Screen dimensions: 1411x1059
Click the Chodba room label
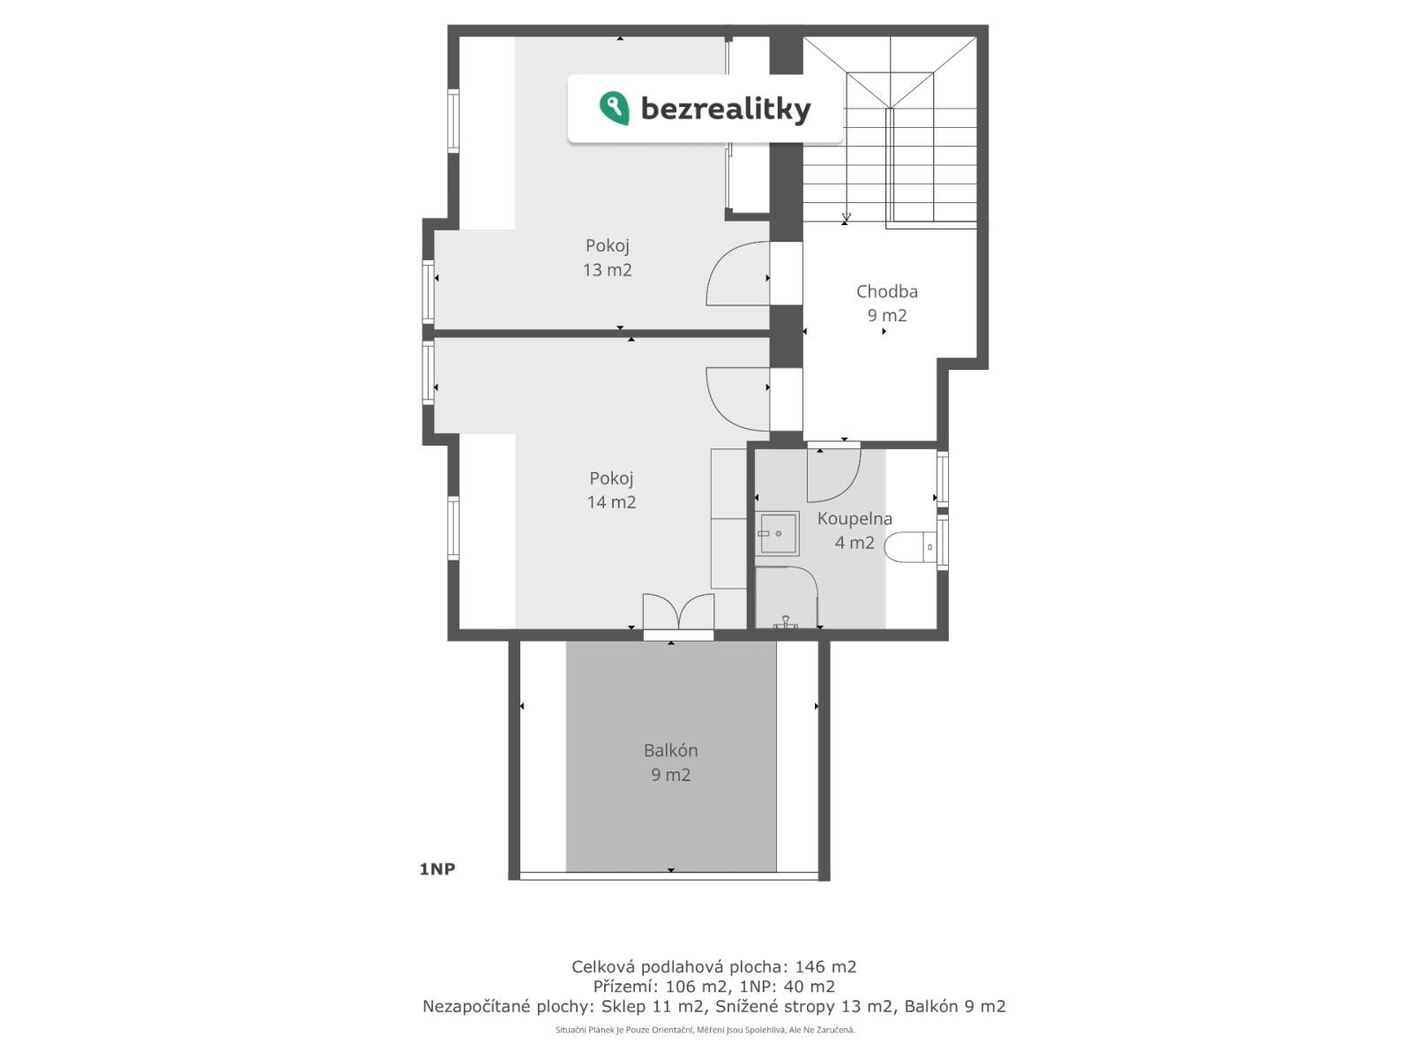[x=886, y=292]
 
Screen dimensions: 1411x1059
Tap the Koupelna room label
[x=855, y=519]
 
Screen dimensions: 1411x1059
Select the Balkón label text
[x=670, y=750]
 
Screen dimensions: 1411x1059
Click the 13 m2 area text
[x=607, y=270]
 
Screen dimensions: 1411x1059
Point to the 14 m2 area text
[x=610, y=502]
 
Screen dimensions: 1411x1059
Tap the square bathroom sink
[x=777, y=533]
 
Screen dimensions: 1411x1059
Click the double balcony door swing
[x=678, y=610]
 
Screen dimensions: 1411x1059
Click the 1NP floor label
[x=437, y=869]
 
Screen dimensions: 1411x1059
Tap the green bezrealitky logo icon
[x=614, y=108]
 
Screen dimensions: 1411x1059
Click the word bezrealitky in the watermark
[x=726, y=109]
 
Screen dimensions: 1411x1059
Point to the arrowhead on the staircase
[x=847, y=217]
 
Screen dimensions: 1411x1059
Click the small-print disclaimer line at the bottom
[x=705, y=1030]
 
